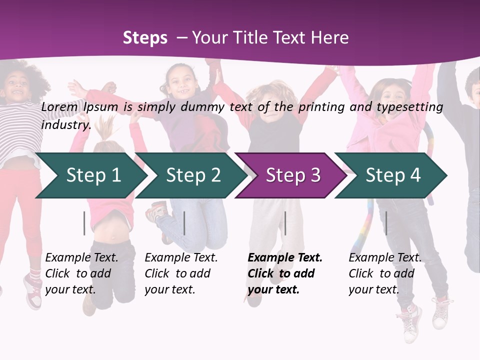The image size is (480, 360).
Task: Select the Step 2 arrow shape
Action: point(192,175)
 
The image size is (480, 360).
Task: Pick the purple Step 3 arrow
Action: point(292,175)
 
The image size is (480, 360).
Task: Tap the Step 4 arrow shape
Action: point(392,175)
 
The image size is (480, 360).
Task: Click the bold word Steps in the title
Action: point(145,37)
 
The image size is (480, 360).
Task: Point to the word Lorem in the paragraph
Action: point(59,106)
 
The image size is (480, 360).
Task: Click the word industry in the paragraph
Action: point(65,124)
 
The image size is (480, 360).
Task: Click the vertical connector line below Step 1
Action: point(84,223)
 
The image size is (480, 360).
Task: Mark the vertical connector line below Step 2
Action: point(184,223)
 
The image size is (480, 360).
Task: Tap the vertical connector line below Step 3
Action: point(285,223)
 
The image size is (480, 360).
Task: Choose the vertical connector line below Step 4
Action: point(386,223)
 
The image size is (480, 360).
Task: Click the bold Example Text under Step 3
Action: point(285,258)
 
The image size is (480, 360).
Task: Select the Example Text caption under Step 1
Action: point(81,258)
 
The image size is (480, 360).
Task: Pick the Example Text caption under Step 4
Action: point(385,258)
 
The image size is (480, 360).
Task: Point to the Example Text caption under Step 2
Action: point(181,258)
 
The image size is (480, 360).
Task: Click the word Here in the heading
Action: point(330,37)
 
